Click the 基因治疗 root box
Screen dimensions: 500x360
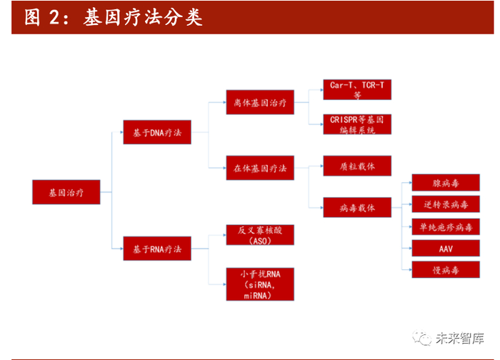click(66, 192)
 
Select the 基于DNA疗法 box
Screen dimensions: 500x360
click(157, 132)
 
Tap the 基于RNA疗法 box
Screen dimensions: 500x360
click(157, 249)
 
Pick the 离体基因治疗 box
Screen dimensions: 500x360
click(260, 102)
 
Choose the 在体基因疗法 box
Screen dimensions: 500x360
click(260, 168)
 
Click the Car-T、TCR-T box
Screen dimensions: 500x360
click(357, 89)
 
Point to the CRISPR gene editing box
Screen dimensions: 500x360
click(357, 124)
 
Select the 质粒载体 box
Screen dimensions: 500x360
click(357, 166)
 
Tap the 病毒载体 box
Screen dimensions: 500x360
click(357, 208)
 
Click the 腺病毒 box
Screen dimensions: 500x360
click(446, 182)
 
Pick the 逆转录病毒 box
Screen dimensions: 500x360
click(446, 204)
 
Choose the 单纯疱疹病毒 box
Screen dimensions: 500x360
click(446, 226)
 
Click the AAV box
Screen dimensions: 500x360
click(446, 248)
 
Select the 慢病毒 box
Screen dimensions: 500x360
click(446, 269)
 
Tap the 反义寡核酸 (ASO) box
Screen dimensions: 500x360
click(260, 235)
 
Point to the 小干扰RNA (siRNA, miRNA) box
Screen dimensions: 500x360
click(260, 284)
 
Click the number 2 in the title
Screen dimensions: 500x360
click(54, 18)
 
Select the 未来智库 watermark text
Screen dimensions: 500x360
click(460, 338)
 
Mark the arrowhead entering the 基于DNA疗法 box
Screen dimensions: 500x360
click(121, 132)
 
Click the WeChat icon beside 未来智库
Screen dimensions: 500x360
click(422, 338)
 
